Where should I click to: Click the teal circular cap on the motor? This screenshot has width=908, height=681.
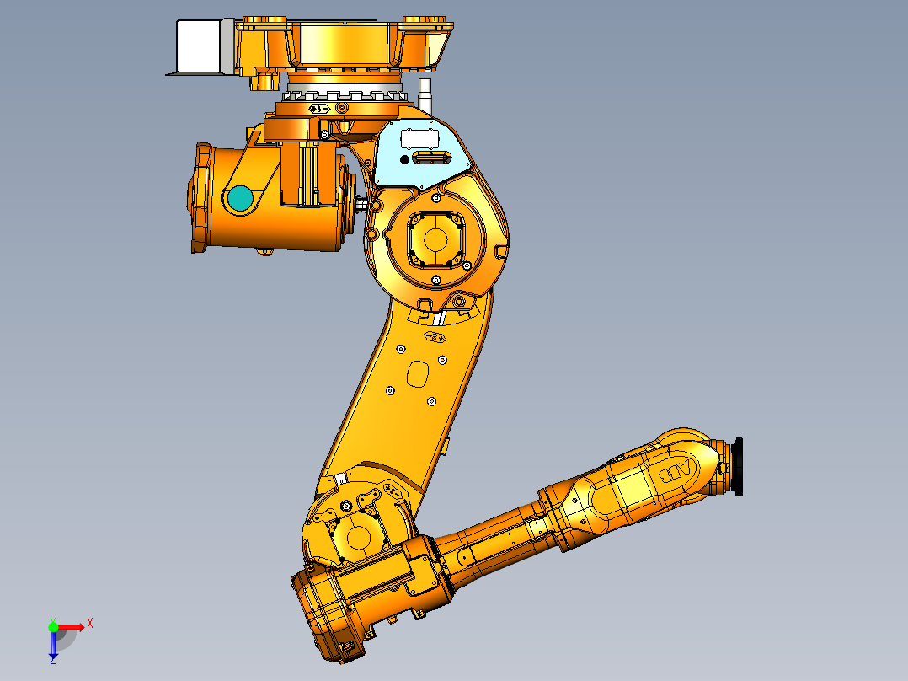point(239,198)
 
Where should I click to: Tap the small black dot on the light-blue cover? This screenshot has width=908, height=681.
point(404,159)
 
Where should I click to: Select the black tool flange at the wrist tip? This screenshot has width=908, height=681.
point(738,466)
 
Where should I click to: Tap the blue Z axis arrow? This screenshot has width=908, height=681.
point(53,646)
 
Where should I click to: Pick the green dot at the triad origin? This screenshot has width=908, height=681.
point(53,625)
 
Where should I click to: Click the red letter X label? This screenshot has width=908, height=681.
point(90,623)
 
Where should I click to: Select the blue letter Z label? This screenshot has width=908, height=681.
point(52,662)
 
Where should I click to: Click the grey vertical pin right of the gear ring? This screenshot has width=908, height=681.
point(425,92)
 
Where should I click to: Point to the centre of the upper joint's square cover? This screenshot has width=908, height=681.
point(435,239)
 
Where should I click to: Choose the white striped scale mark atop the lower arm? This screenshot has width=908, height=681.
point(440,317)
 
